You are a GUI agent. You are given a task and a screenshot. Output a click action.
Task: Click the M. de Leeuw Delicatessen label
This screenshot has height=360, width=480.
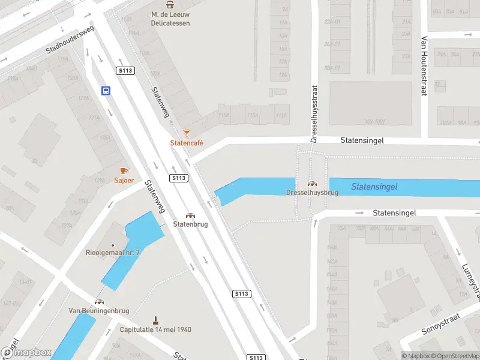tap(170, 19)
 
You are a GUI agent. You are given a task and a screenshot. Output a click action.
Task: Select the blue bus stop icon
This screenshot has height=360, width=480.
tap(106, 91)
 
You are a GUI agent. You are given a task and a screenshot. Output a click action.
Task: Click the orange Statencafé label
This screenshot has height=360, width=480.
tap(187, 143)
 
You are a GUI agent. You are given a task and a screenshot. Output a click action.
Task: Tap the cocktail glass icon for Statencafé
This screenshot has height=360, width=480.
tap(187, 133)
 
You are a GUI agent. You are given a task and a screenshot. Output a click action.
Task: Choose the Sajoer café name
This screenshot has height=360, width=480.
tap(124, 180)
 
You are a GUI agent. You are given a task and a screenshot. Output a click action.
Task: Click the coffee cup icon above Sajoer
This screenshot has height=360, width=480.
tap(124, 170)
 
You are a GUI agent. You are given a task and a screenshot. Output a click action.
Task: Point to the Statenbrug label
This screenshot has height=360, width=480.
tap(190, 224)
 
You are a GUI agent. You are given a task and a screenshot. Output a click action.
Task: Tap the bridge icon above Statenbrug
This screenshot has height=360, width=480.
tap(190, 215)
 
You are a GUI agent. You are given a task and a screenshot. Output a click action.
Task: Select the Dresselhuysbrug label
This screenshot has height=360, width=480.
tap(312, 193)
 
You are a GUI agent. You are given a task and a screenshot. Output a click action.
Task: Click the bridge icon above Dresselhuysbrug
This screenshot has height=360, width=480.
tap(312, 184)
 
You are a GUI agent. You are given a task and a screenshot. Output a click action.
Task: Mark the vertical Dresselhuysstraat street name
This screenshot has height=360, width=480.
tap(314, 113)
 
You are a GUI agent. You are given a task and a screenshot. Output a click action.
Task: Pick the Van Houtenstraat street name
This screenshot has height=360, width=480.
tap(424, 66)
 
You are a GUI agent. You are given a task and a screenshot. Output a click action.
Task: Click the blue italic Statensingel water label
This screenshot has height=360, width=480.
tap(374, 187)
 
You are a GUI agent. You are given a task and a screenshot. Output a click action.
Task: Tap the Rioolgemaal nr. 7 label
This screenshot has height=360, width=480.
tap(113, 253)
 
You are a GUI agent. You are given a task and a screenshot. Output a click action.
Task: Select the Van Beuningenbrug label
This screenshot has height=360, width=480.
tap(99, 310)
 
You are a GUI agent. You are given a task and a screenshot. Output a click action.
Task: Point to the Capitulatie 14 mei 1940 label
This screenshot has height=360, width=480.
tap(155, 329)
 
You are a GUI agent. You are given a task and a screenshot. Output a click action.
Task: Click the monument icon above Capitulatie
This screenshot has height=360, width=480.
tap(155, 320)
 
